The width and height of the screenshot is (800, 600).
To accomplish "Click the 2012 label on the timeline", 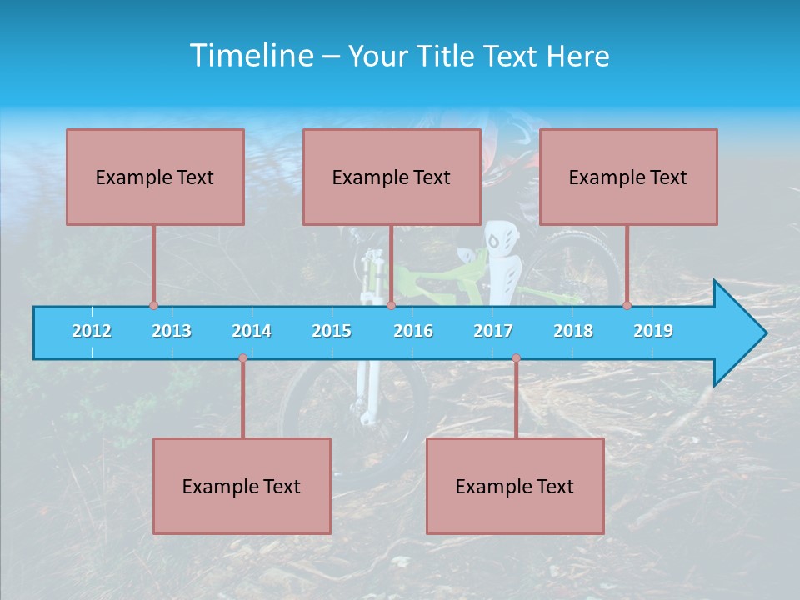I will pos(92,331).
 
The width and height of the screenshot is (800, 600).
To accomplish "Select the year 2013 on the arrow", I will pos(172,331).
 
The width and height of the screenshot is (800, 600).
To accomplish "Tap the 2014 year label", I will pos(252,331).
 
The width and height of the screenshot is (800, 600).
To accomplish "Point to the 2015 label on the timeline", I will pos(332,331).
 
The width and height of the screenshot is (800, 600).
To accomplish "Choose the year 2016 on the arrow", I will pos(413,331).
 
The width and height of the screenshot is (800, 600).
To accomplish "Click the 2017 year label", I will pos(493,331).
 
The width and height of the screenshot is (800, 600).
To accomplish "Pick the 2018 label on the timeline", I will pos(573,331).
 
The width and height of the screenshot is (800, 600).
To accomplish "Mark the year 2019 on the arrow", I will pos(653,331).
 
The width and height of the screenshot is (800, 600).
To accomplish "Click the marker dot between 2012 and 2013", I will pos(153,305).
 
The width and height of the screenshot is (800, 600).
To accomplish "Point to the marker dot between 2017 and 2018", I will pos(516,358).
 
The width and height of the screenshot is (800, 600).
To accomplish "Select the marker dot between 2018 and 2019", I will pos(627,305).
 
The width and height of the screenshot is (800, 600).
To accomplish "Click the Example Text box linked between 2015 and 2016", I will pos(392,177).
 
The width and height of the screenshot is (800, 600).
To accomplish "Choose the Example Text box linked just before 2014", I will pos(242,486).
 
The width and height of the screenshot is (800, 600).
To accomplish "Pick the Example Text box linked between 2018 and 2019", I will pos(628,177).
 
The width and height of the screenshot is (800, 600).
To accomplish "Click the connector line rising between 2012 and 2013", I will pos(153,265).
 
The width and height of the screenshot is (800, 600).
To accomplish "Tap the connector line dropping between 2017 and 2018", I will pos(516,398).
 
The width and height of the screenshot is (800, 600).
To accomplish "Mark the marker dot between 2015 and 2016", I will pos(391,305).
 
